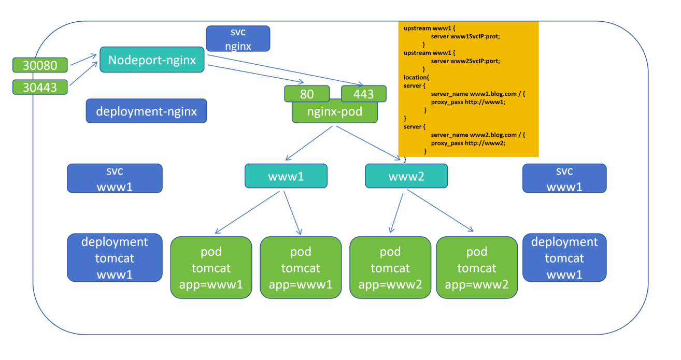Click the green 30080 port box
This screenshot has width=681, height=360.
[x=40, y=65]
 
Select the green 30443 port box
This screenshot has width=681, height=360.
[x=40, y=87]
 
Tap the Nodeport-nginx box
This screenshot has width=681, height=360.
[x=152, y=60]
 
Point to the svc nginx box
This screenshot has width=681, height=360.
[x=238, y=39]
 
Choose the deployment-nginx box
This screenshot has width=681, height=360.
[x=146, y=111]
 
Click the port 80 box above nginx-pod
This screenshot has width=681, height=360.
[x=307, y=94]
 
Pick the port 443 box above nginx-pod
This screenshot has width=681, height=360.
[x=364, y=94]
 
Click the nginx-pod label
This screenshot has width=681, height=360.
[x=335, y=112]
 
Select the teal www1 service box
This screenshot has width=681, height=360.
[x=286, y=176]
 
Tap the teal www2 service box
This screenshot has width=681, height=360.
[x=406, y=176]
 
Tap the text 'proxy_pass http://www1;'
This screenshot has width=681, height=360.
[x=467, y=102]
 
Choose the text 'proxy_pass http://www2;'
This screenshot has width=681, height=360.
[x=467, y=142]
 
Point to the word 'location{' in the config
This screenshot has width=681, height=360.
[x=416, y=77]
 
